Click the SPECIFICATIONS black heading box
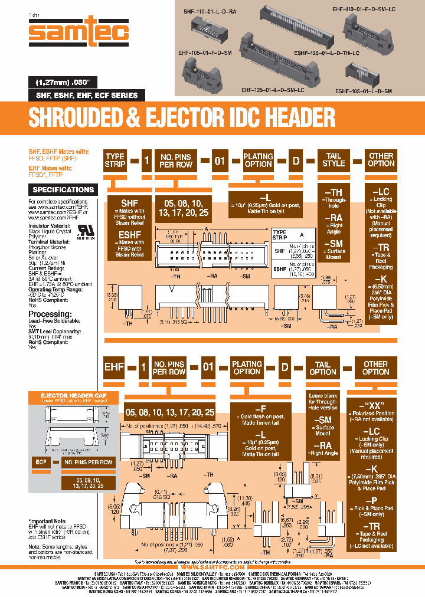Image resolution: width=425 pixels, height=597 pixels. (64, 190)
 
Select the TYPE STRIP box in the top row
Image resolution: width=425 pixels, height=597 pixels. (115, 160)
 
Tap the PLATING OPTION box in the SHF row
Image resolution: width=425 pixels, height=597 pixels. (259, 160)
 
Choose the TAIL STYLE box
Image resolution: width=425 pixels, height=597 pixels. (334, 160)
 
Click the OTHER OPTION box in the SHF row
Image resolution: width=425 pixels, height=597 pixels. (381, 160)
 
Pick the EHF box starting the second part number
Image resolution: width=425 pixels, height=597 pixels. (115, 368)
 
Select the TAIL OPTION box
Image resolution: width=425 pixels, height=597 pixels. (322, 368)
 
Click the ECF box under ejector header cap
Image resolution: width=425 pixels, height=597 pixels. (40, 462)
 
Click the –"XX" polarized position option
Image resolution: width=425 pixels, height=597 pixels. (375, 404)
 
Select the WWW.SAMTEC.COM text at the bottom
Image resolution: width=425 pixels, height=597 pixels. (212, 567)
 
